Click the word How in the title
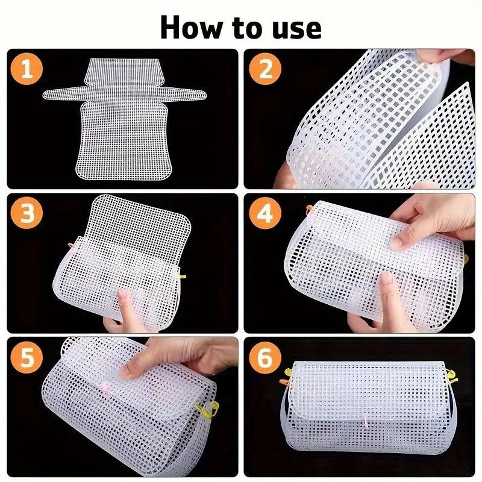point(190,28)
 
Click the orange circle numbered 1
point(27,69)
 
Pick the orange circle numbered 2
point(265,69)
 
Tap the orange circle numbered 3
point(27,213)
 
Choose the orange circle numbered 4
point(265,213)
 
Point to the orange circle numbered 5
point(27,357)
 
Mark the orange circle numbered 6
point(265,357)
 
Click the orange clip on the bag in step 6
point(284,382)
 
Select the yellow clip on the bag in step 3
point(183,277)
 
